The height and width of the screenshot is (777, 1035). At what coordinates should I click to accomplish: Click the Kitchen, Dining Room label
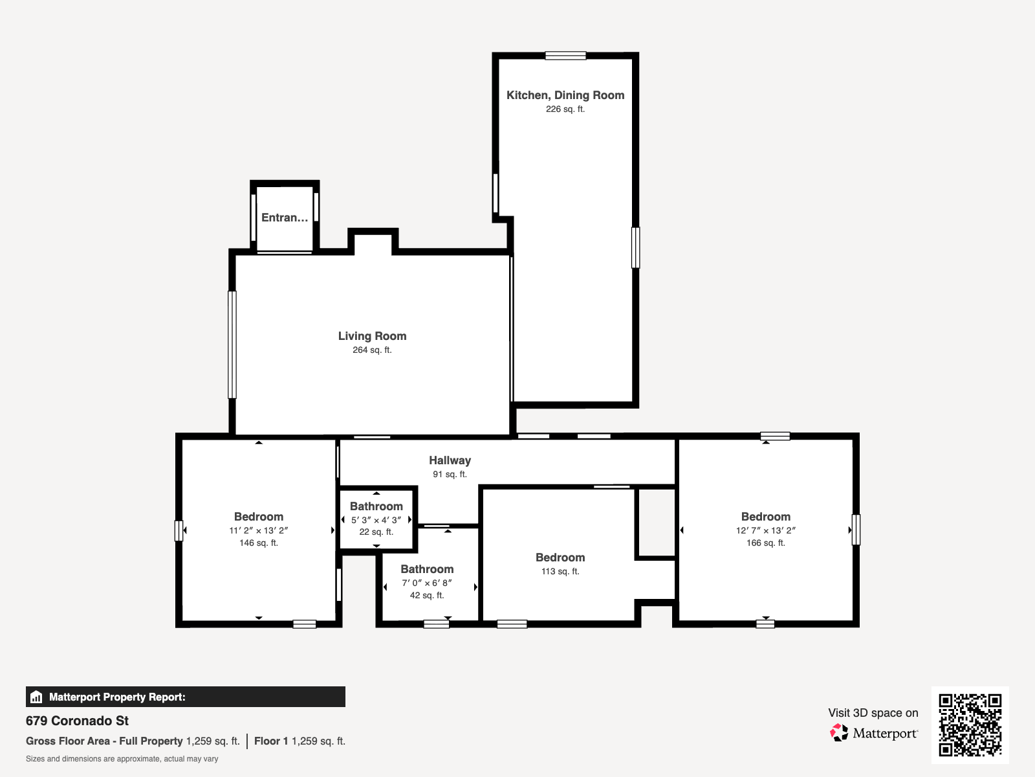565,95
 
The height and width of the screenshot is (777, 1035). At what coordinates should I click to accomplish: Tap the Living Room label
372,336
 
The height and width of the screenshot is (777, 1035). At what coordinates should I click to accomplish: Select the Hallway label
450,460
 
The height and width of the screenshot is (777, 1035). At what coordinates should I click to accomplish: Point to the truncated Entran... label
285,218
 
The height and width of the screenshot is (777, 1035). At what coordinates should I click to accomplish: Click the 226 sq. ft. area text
565,109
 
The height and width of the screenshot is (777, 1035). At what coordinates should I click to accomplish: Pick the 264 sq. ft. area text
372,350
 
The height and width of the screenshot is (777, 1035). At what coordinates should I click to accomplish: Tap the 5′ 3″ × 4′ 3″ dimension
376,520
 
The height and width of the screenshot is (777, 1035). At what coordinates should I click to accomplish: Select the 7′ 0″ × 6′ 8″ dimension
427,583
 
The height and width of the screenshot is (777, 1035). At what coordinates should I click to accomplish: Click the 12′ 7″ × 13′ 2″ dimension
766,530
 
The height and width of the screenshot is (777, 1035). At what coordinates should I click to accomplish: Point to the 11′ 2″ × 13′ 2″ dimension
258,530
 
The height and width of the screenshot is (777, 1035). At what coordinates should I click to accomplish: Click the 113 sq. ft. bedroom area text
560,571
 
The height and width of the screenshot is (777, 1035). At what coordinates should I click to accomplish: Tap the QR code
970,725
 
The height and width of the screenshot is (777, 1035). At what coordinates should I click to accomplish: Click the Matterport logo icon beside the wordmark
839,733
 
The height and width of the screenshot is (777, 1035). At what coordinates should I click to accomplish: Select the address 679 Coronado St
77,721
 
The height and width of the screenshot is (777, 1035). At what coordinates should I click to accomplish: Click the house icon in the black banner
36,697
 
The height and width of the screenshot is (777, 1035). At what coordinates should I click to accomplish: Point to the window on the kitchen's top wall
565,56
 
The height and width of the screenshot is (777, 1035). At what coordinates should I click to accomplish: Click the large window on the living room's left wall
232,344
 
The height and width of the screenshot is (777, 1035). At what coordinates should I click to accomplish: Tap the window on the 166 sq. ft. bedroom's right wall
856,529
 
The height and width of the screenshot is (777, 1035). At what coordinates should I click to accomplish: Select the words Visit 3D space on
873,713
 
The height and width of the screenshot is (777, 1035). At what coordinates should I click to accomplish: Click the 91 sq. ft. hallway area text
450,474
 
